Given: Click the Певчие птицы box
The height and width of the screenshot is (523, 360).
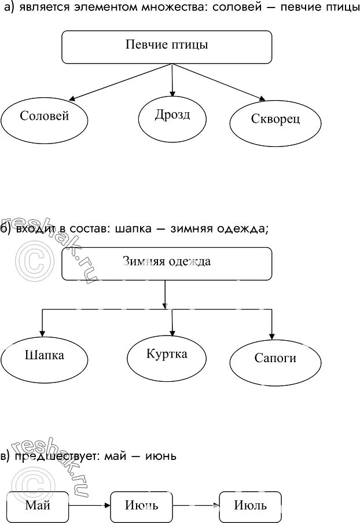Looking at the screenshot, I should click(x=167, y=46).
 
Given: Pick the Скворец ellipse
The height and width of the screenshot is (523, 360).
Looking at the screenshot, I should click(x=275, y=120).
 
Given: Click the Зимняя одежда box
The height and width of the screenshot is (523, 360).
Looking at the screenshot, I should click(x=167, y=263).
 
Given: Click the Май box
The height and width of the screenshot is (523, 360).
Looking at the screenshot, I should click(x=38, y=506).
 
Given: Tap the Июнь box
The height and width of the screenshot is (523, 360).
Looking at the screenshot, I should click(x=141, y=506).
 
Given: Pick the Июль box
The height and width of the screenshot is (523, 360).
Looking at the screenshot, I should click(x=250, y=506).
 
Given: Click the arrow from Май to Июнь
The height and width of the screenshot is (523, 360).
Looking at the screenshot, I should click(x=89, y=505).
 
